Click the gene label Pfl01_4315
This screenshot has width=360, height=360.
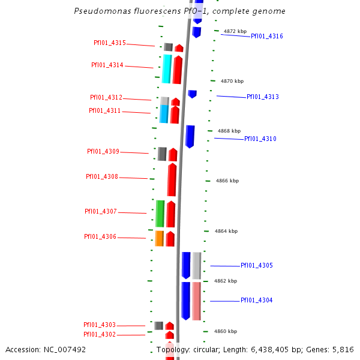[110, 43]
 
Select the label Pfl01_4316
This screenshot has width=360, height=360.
[266, 36]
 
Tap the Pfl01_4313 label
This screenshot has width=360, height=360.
[262, 97]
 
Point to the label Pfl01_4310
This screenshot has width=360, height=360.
[260, 139]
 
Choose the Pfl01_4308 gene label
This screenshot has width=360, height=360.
[102, 176]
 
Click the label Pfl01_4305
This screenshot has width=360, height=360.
[256, 265]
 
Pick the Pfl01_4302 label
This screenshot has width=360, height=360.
[100, 334]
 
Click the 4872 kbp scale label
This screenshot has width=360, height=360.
[235, 31]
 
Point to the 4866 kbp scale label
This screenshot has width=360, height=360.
[227, 181]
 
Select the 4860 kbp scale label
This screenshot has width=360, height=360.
[226, 331]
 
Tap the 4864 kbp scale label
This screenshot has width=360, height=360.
[226, 231]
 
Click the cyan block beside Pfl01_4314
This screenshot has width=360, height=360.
[167, 69]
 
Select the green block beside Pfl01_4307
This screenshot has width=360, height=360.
[160, 214]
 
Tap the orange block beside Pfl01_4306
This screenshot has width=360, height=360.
[160, 238]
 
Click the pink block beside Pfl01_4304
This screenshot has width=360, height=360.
[196, 301]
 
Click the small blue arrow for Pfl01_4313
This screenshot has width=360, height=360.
[192, 94]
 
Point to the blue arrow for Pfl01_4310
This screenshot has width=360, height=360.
[190, 136]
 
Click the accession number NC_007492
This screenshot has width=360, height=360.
[65, 349]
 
